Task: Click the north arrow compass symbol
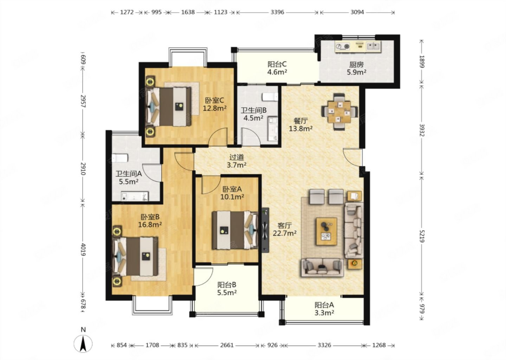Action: click(83, 344)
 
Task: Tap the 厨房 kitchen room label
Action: click(356, 65)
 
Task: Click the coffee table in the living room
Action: click(326, 231)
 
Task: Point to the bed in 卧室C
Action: click(169, 107)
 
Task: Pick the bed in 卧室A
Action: click(235, 230)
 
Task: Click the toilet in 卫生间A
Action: click(120, 158)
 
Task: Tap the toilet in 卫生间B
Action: click(270, 97)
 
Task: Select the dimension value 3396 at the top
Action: click(277, 12)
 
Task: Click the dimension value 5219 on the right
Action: click(422, 236)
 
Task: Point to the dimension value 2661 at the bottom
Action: click(227, 345)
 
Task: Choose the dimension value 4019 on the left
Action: click(83, 250)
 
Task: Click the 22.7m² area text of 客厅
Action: click(285, 233)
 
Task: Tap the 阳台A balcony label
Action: click(324, 305)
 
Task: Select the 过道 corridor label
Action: click(237, 157)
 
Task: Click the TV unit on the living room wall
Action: click(265, 230)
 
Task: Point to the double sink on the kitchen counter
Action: click(373, 46)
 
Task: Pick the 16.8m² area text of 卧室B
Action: click(150, 225)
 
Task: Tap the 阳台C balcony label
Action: click(277, 64)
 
